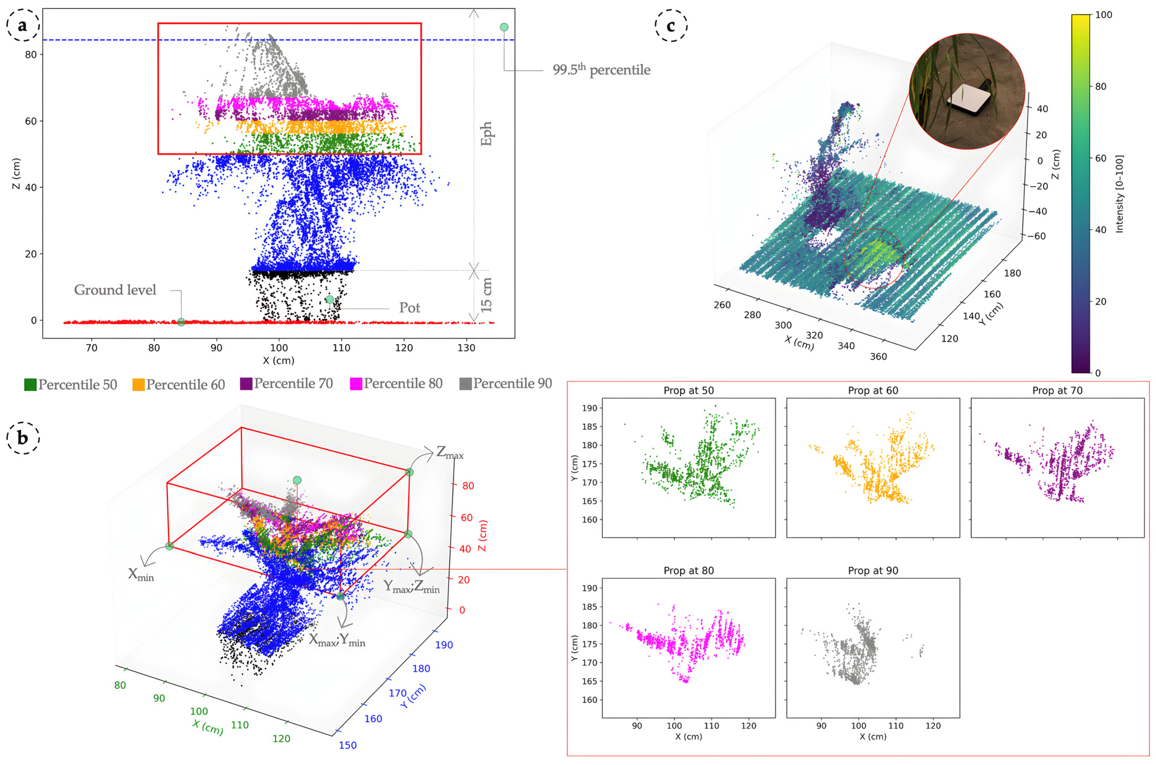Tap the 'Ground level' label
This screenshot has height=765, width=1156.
115,290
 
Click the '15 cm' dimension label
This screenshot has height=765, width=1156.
486,295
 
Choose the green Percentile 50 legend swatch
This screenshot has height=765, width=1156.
30,385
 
